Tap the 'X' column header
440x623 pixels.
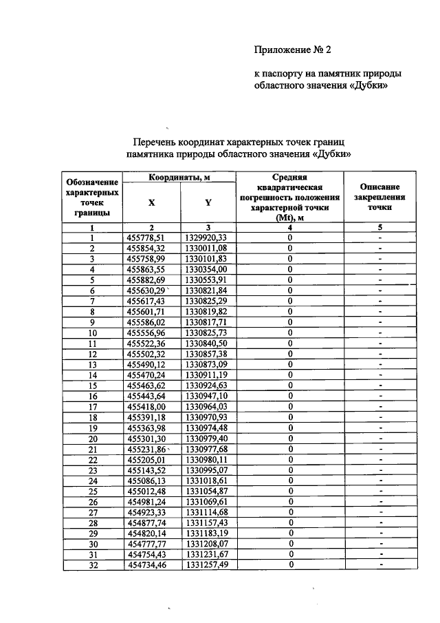coord(152,203)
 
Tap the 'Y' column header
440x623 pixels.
coord(208,203)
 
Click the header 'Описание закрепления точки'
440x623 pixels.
coord(379,197)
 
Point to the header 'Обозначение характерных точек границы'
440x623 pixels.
coord(91,198)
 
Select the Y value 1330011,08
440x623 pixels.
coord(210,248)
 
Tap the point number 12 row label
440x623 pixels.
coord(92,353)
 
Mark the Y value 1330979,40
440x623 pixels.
coord(210,439)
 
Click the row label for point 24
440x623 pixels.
coord(92,481)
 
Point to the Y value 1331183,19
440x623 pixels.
coord(210,534)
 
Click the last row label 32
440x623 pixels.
coord(92,565)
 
